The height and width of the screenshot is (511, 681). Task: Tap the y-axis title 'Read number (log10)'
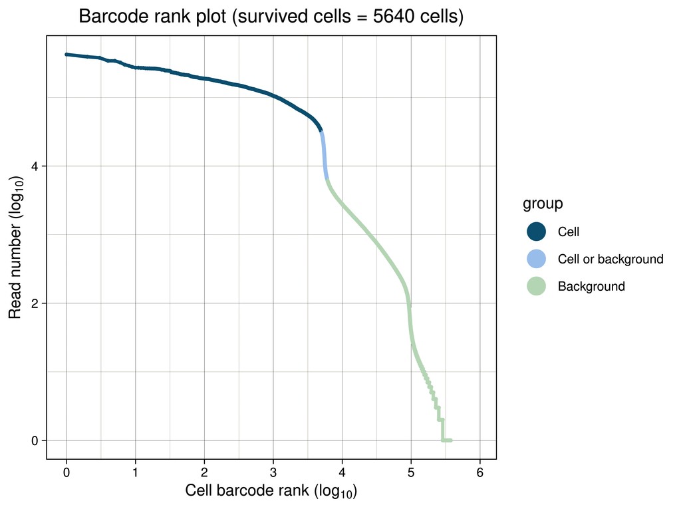[16, 247]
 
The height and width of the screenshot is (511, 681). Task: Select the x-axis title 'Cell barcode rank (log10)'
[271, 492]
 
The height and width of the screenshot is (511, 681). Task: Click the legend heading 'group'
[543, 204]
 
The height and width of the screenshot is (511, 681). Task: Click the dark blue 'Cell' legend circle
[536, 232]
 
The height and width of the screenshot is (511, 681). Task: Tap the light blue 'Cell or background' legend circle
[536, 259]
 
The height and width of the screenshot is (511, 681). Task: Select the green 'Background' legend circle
[536, 286]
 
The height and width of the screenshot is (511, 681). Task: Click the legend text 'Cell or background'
[610, 259]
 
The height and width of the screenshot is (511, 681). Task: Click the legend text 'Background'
[591, 286]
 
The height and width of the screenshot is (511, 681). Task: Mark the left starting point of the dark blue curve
[67, 55]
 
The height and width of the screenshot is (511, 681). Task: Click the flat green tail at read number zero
[447, 440]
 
